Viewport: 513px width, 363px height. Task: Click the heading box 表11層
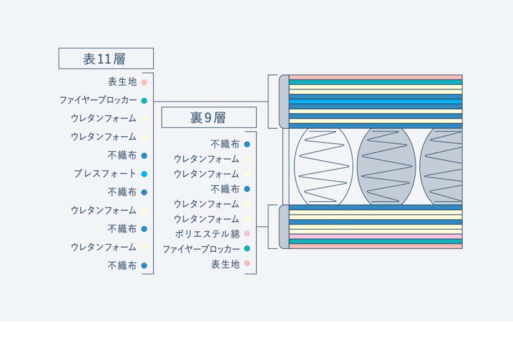click(x=106, y=59)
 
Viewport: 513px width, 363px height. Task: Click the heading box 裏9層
click(x=209, y=117)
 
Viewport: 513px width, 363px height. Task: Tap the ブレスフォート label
click(x=105, y=174)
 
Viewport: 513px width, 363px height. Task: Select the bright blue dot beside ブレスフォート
click(x=144, y=174)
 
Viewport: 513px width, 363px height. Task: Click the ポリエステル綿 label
click(x=207, y=234)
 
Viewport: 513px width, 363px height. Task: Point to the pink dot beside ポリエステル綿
click(x=247, y=234)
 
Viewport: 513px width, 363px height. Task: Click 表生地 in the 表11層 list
click(x=122, y=82)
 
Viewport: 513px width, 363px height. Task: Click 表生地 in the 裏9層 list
click(x=225, y=264)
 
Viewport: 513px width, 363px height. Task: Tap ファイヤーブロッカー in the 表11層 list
click(x=98, y=100)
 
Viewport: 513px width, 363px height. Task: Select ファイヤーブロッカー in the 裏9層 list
click(x=201, y=249)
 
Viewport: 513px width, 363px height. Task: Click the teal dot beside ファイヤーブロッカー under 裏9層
click(x=247, y=249)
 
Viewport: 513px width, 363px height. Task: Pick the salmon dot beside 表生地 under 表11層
click(x=144, y=82)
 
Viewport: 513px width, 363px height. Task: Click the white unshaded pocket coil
click(x=323, y=167)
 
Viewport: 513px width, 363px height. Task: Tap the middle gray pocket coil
click(x=386, y=167)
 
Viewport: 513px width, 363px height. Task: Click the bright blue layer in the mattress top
click(x=376, y=102)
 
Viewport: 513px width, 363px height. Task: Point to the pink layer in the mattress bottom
click(x=376, y=236)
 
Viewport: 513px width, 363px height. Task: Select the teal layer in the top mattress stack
click(x=376, y=82)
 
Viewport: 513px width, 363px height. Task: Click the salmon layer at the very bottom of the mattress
click(x=376, y=246)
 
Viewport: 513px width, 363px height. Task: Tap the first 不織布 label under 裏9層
click(x=225, y=144)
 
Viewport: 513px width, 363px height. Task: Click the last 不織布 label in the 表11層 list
click(x=122, y=266)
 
